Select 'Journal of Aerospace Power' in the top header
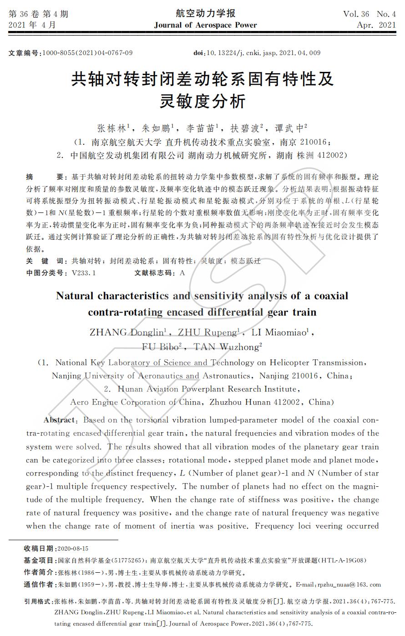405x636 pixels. tap(205, 25)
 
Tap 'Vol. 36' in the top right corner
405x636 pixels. tap(357, 14)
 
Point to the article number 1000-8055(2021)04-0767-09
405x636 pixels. tap(87, 53)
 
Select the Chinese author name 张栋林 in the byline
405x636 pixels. tap(111, 128)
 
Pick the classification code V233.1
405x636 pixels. tap(84, 273)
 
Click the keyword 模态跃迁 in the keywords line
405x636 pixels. tap(246, 261)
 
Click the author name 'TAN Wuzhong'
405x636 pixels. tap(226, 347)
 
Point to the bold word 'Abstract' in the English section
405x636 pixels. tap(60, 420)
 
